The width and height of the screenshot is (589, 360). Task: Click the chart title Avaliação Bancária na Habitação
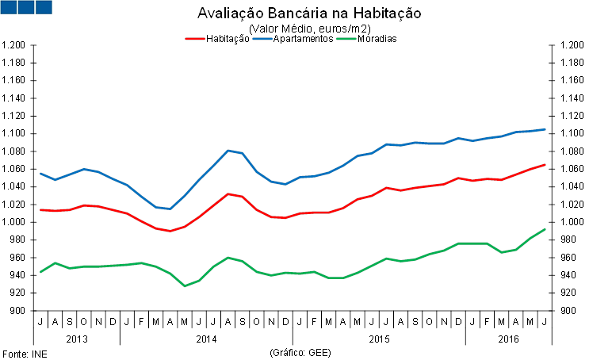coord(309,14)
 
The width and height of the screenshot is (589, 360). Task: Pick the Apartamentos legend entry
coord(302,39)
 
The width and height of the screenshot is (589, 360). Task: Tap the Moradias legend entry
coord(377,39)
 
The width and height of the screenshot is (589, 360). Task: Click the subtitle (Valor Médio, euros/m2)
coord(310,29)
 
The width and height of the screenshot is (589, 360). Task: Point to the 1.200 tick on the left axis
coord(15,45)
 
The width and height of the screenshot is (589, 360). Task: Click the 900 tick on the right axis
coord(567,310)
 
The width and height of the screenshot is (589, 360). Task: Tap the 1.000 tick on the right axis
coord(572,222)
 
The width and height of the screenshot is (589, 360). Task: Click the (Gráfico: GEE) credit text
coord(301,352)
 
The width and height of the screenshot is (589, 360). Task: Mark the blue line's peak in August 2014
coord(228,150)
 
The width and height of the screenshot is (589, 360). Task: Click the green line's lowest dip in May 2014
coord(185,285)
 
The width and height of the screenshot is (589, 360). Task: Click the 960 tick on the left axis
coord(18,257)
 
